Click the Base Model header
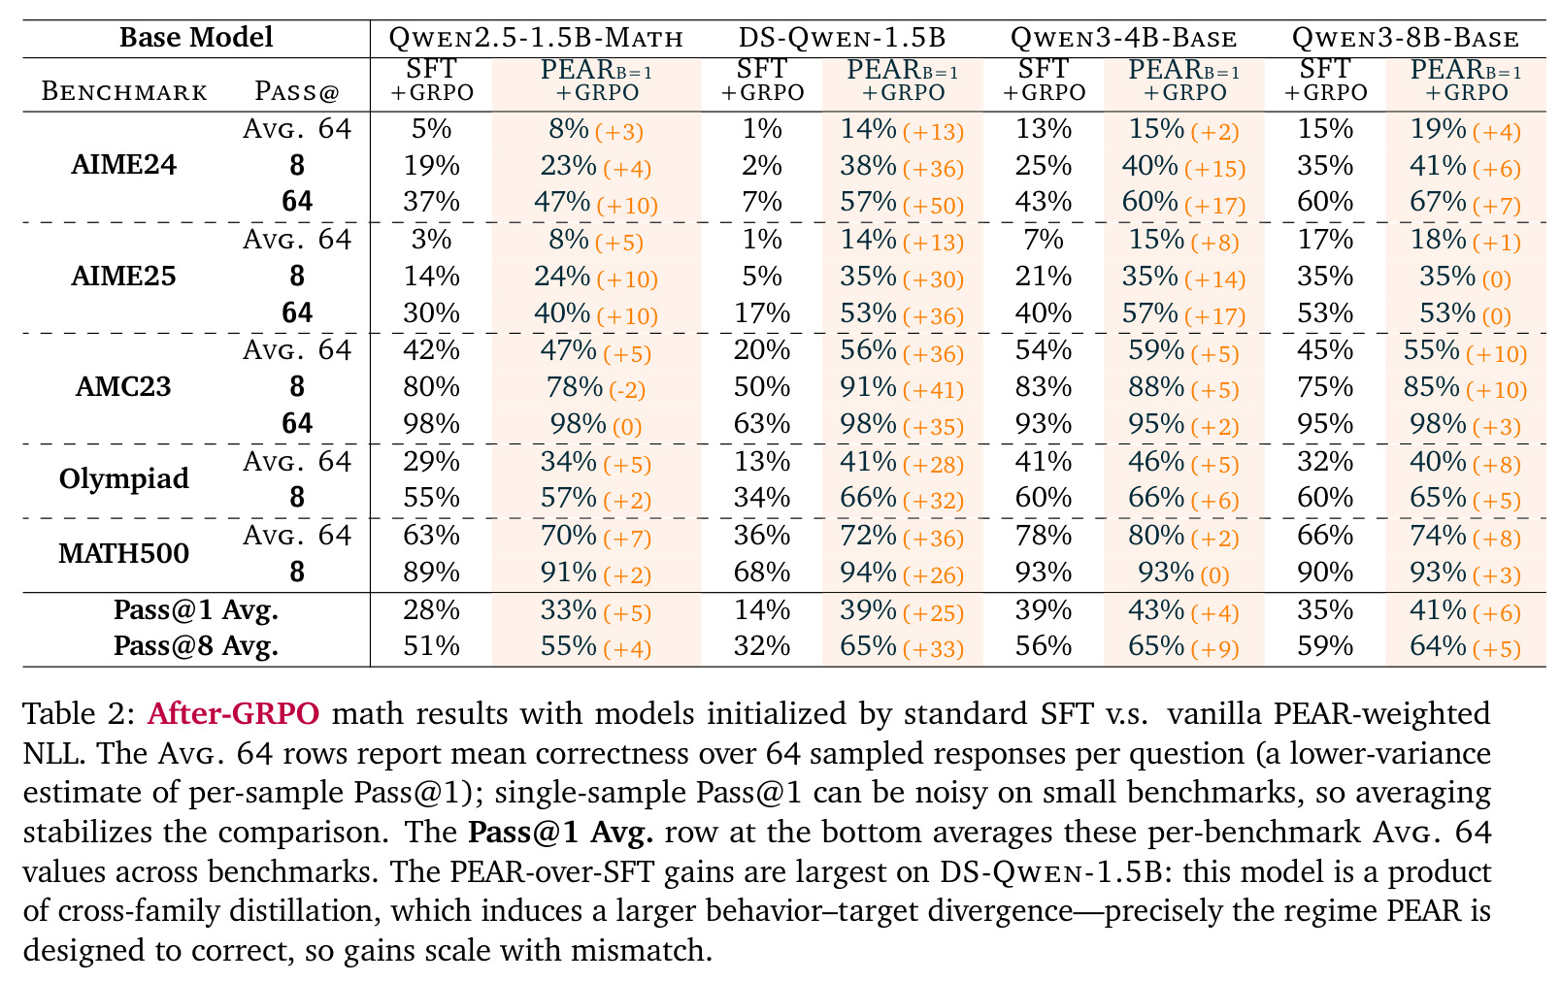pos(196,37)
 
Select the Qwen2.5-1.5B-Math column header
pos(536,38)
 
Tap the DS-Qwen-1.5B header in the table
pos(842,38)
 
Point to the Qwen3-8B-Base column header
pos(1405,38)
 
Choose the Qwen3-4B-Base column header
pos(1123,38)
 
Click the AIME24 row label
pos(124,165)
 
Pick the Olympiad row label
pos(124,479)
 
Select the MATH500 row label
pos(124,554)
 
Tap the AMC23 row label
pos(123,386)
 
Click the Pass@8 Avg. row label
pos(196,646)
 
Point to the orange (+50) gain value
pos(933,206)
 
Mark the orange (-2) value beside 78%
pos(627,390)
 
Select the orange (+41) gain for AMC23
pos(933,390)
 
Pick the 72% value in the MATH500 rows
pos(868,536)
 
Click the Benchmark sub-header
pos(124,92)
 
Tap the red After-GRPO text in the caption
pos(233,714)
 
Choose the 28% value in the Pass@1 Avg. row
pos(431,610)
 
